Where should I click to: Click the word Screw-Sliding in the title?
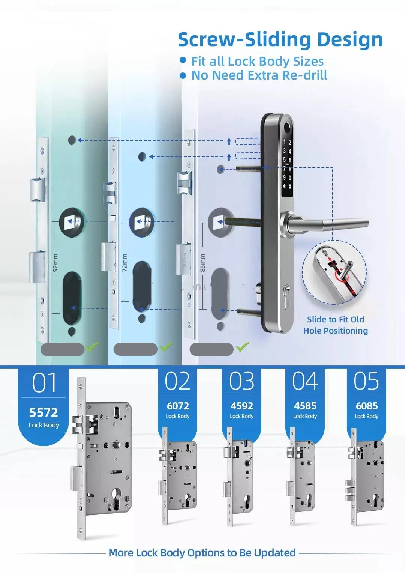tap(244, 40)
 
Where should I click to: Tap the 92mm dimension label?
tap(55, 262)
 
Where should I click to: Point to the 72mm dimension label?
tap(124, 262)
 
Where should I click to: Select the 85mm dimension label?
tap(202, 262)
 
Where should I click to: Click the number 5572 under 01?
tap(43, 412)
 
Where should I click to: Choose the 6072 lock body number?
tap(178, 406)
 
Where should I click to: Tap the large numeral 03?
tap(241, 381)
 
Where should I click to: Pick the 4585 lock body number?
tap(305, 406)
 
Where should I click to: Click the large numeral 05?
tap(366, 381)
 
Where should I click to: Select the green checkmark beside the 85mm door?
tap(242, 347)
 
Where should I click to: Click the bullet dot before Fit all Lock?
tap(183, 60)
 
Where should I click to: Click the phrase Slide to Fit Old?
tap(336, 319)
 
